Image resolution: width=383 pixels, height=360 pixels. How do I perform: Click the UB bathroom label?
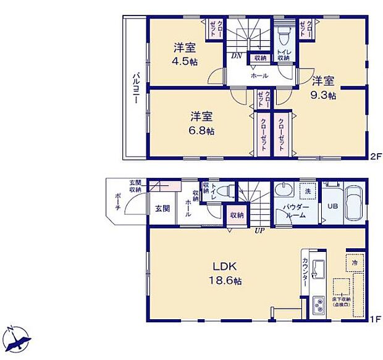[x=332, y=207]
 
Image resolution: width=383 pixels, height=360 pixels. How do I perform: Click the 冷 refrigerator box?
[x=355, y=262]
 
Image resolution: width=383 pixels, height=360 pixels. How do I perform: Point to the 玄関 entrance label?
[x=162, y=208]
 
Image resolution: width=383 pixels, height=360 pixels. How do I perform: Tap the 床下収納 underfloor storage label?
[x=341, y=301]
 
